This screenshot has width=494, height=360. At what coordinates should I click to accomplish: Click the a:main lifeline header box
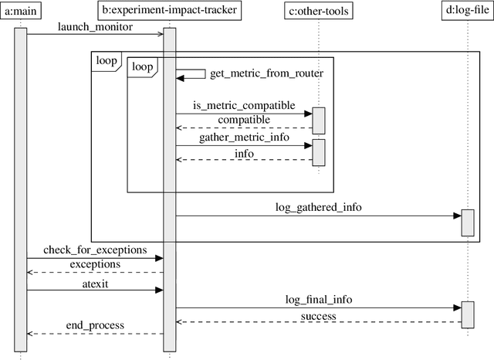click(20, 11)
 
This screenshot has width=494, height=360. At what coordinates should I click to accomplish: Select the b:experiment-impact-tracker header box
click(169, 11)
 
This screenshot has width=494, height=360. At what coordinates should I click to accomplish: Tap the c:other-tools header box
click(318, 11)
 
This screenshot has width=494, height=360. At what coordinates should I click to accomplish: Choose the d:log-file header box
click(467, 11)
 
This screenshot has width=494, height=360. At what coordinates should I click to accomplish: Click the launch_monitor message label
click(94, 27)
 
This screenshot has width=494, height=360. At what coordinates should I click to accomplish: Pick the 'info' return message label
click(244, 153)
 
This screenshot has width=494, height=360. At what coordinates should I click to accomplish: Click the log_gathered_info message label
click(318, 208)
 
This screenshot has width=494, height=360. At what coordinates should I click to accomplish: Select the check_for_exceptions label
click(94, 250)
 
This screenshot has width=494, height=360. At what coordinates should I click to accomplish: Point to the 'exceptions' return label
click(94, 264)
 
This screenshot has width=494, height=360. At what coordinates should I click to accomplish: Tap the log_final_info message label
click(318, 299)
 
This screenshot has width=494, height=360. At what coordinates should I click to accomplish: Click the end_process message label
click(94, 325)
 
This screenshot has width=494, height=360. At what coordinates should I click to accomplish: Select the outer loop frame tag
click(106, 60)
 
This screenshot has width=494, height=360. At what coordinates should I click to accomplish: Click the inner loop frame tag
click(141, 66)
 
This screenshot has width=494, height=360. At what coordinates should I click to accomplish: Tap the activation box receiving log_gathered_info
click(467, 222)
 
